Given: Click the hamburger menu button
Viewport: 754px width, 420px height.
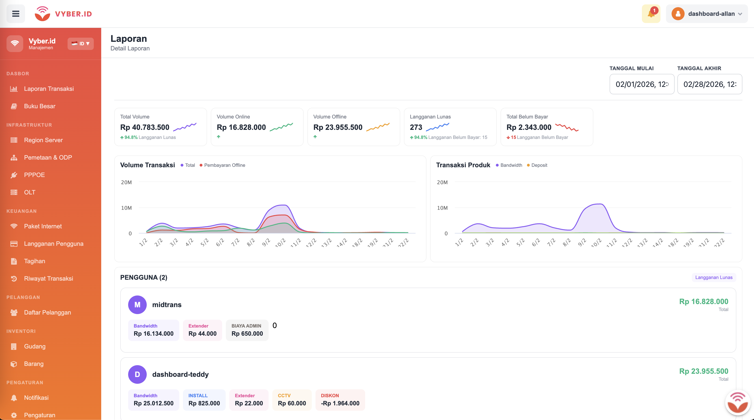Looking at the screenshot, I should click(x=16, y=14).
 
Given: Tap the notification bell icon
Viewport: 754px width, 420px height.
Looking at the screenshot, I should click(x=651, y=14).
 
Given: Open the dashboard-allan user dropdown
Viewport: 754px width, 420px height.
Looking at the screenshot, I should click(x=707, y=14).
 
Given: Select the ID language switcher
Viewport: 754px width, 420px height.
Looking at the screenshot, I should click(x=81, y=44).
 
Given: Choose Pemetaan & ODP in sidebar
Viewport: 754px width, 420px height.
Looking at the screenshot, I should click(x=48, y=157).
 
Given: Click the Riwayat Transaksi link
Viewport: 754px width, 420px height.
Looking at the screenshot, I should click(x=48, y=279).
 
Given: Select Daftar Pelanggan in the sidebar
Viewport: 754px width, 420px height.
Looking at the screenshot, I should click(x=47, y=312).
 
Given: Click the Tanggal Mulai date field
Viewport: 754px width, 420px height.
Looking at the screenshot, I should click(x=642, y=84).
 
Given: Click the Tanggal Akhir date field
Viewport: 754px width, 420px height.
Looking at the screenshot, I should click(x=709, y=84).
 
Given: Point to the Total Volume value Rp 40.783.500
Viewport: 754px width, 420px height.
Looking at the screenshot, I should click(x=145, y=127).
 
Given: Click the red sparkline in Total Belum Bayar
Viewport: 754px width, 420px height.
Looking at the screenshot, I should click(x=567, y=127).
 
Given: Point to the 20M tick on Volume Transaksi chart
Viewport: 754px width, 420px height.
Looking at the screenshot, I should click(x=127, y=182).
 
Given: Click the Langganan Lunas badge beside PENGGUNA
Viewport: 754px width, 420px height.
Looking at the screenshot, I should click(x=714, y=277).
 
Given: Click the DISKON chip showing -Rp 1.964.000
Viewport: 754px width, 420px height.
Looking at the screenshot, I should click(x=340, y=400).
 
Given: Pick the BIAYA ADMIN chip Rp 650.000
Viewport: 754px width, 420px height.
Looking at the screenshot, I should click(x=247, y=330).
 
